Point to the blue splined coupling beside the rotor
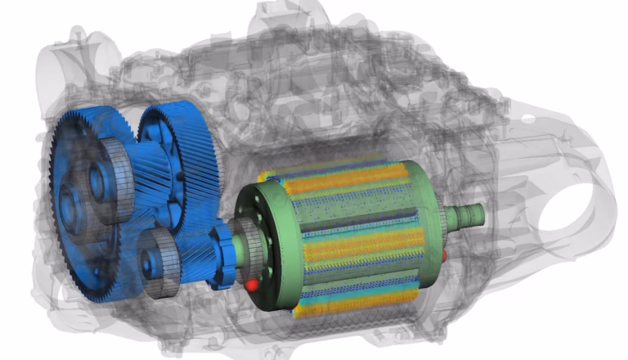tap(221, 260)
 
